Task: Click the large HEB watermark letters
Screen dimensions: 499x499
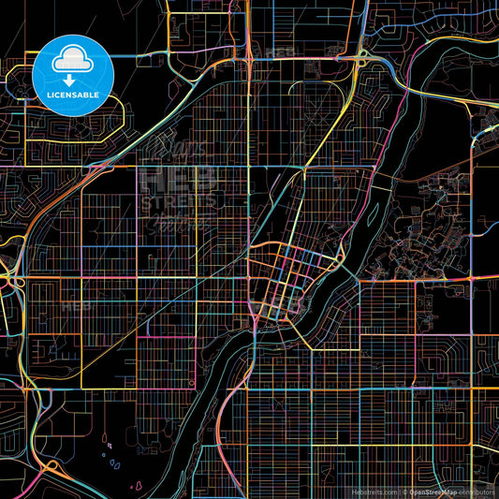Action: [x=178, y=179]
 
